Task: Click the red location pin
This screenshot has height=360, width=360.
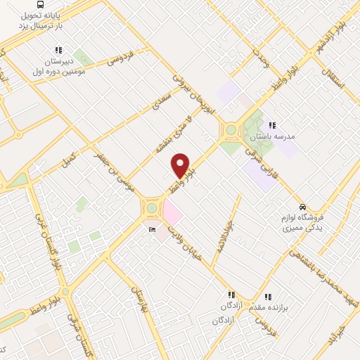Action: [x=181, y=165]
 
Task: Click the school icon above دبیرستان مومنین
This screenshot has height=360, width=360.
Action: [x=58, y=51]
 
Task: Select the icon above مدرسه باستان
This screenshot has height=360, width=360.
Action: [x=272, y=125]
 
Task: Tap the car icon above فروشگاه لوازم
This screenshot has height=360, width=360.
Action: [x=302, y=207]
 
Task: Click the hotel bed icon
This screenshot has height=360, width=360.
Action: [x=150, y=229]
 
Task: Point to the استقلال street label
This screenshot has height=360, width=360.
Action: [x=333, y=77]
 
